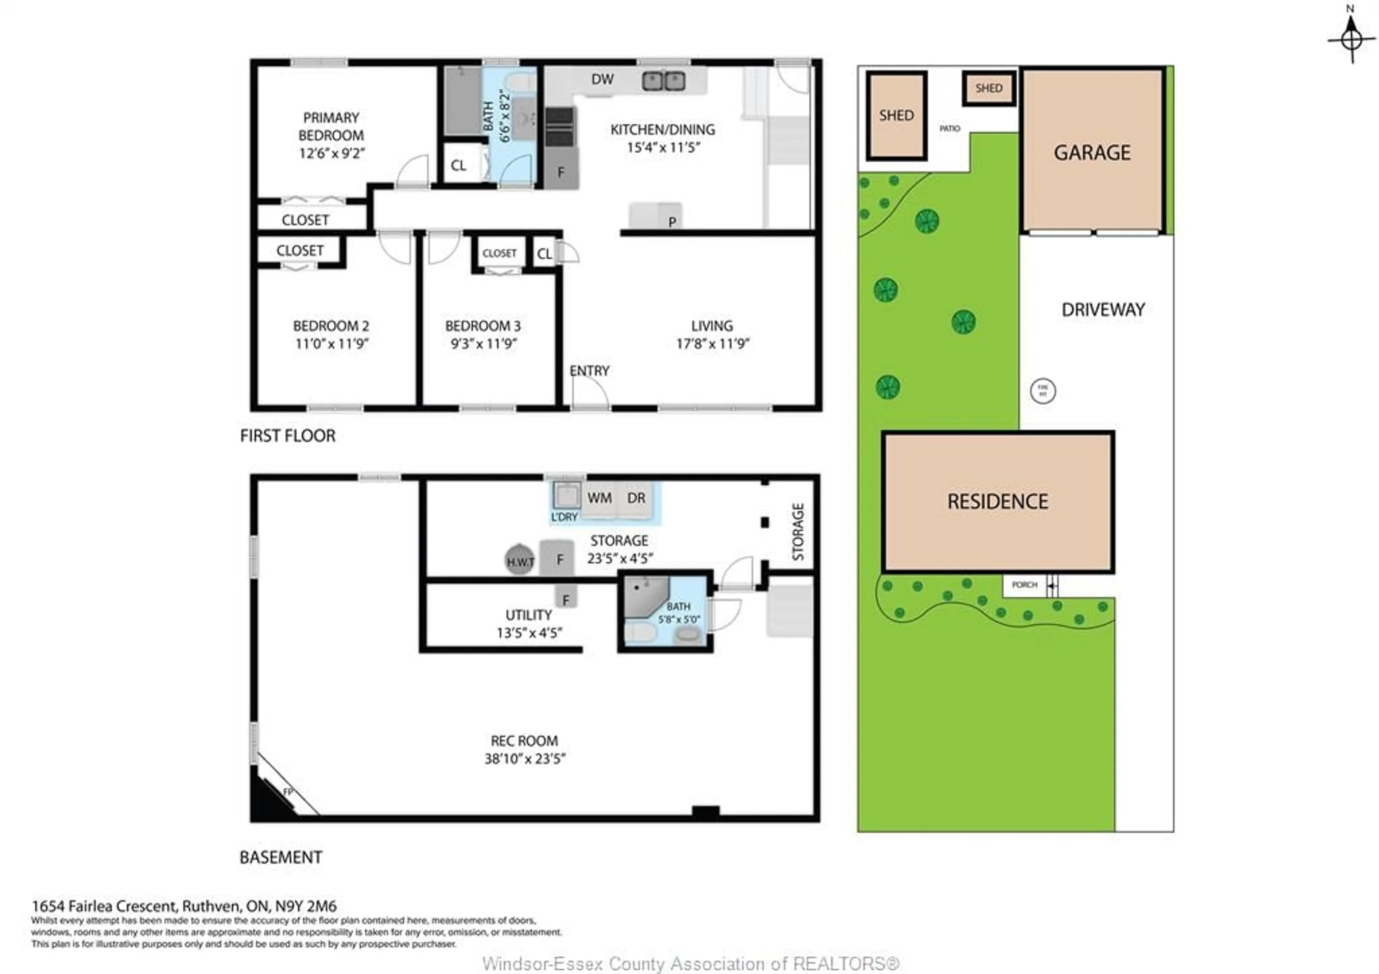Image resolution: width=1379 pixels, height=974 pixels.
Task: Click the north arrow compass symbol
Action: (x=1351, y=37)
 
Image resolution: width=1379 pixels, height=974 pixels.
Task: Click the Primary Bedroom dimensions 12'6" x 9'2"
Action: (x=331, y=153)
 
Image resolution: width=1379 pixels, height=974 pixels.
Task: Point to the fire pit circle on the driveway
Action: (x=1043, y=391)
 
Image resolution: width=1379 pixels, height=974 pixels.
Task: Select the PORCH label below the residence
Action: (x=1024, y=585)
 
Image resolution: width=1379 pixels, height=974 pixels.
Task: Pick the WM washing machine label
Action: (x=599, y=498)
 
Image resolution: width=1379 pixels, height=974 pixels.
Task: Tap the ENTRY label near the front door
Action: (x=589, y=371)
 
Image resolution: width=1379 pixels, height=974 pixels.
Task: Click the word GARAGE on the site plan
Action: (x=1092, y=153)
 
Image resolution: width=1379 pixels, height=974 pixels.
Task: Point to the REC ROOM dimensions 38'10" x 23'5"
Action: (x=525, y=759)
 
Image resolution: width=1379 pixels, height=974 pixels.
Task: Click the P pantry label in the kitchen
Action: (x=672, y=222)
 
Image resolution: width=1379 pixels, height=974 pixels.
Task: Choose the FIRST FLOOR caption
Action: (x=288, y=436)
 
